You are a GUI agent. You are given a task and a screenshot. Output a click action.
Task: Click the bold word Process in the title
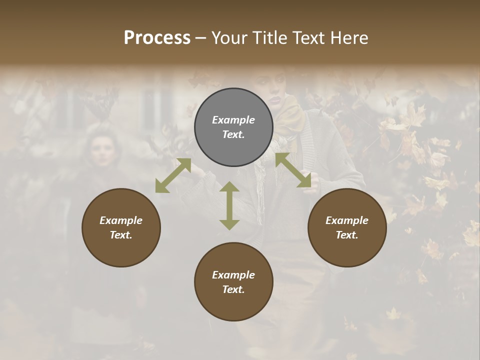[x=157, y=38]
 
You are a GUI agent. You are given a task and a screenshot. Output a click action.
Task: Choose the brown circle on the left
[x=121, y=227]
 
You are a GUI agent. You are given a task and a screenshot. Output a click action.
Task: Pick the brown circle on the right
[x=347, y=227]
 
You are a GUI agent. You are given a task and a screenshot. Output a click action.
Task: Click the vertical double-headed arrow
[x=229, y=205]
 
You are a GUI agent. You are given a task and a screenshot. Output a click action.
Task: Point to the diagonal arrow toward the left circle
[x=173, y=175]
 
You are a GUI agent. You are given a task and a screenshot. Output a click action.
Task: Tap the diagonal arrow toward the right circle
[x=293, y=170]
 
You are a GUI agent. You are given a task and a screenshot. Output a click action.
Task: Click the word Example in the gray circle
[x=233, y=120]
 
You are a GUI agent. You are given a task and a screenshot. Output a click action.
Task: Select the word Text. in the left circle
[x=121, y=235]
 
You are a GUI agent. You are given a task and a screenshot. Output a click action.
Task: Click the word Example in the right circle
[x=347, y=220]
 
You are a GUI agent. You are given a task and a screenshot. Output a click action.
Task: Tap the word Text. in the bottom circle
[x=233, y=289]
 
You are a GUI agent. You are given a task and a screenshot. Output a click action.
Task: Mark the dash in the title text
[x=201, y=38]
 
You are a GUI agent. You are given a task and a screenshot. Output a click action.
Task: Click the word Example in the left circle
[x=121, y=220]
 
